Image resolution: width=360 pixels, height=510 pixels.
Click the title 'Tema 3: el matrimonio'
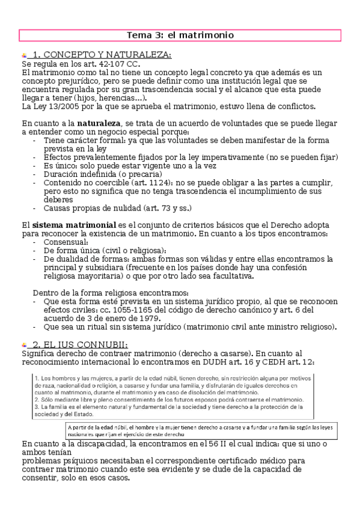[x=180, y=35]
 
